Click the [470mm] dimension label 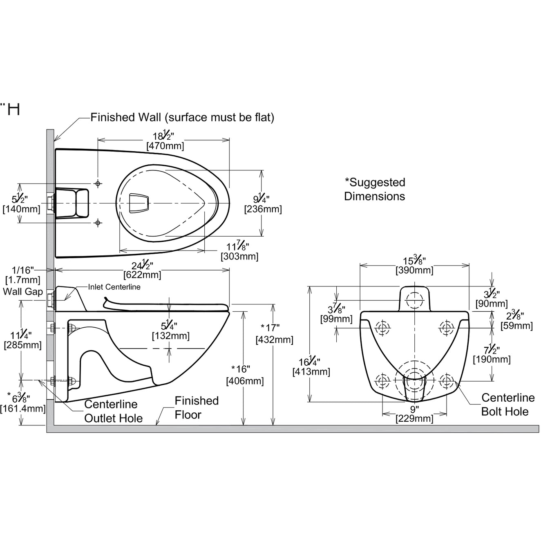(165, 146)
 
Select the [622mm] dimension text (142, 275)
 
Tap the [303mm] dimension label (239, 257)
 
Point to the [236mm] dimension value (263, 209)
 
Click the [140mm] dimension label (21, 209)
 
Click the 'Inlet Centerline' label (114, 287)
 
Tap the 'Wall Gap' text (23, 291)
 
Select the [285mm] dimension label (23, 345)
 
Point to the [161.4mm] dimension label (23, 408)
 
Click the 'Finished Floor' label (196, 408)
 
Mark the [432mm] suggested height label (274, 340)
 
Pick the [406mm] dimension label (245, 381)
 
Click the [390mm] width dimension (414, 270)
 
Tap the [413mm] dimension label (311, 372)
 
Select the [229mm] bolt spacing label (414, 418)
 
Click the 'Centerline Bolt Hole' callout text (507, 405)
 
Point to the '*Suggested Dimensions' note (375, 189)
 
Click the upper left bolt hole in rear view (382, 327)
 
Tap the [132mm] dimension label (170, 336)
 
